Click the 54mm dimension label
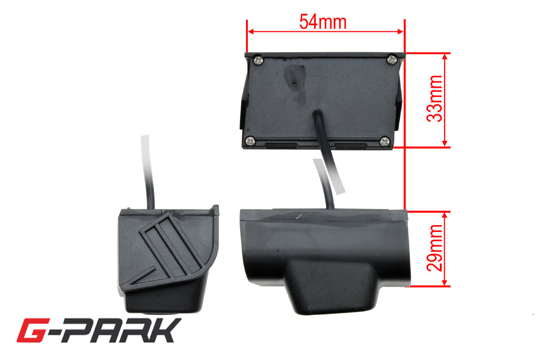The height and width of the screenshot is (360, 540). pyautogui.click(x=323, y=22)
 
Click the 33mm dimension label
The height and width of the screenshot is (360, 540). pyautogui.click(x=434, y=99)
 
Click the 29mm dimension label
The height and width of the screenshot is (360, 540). pyautogui.click(x=434, y=248)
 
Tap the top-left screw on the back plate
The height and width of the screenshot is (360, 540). pyautogui.click(x=258, y=61)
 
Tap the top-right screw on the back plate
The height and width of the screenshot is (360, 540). pyautogui.click(x=392, y=60)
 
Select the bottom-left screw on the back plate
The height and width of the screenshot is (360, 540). pyautogui.click(x=250, y=140)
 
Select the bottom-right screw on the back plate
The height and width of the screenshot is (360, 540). pyautogui.click(x=385, y=141)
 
